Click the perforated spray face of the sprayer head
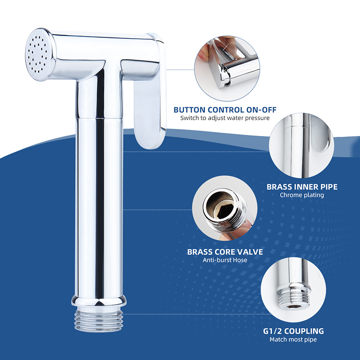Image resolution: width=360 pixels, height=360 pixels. pyautogui.click(x=38, y=54)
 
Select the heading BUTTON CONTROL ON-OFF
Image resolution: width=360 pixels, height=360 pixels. pyautogui.click(x=225, y=110)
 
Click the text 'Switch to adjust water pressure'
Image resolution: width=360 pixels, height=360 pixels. pyautogui.click(x=225, y=118)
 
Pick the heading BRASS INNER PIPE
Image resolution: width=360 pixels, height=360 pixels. pyautogui.click(x=302, y=187)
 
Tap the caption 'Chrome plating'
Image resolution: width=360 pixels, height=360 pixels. pyautogui.click(x=302, y=195)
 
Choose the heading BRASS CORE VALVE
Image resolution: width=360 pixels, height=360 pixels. pyautogui.click(x=225, y=252)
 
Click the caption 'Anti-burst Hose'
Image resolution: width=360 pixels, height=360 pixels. pyautogui.click(x=225, y=260)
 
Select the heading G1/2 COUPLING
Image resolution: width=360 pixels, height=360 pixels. pyautogui.click(x=293, y=331)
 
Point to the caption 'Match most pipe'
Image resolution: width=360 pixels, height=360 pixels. pyautogui.click(x=293, y=339)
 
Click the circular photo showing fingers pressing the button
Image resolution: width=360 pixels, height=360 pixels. pyautogui.click(x=227, y=68)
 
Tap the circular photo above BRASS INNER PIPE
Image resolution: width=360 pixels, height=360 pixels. pyautogui.click(x=301, y=145)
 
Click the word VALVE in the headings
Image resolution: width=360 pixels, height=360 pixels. pyautogui.click(x=250, y=252)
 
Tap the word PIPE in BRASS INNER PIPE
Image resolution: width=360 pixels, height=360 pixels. pyautogui.click(x=329, y=187)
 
